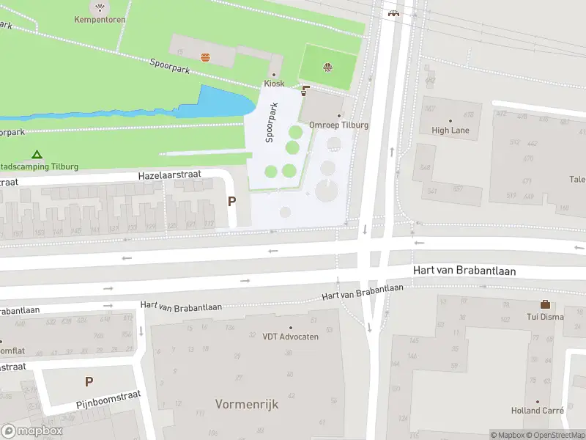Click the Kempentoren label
99,20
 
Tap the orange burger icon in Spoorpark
205,56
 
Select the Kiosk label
274,84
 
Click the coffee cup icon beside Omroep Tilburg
305,92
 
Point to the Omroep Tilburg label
338,125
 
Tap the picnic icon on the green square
328,68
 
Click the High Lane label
450,131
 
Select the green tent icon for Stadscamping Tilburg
37,155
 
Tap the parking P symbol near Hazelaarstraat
232,202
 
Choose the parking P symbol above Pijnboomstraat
89,381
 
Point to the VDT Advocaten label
290,337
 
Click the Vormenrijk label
247,404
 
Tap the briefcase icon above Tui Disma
545,304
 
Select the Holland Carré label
537,411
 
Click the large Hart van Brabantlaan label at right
464,271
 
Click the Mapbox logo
31,431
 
